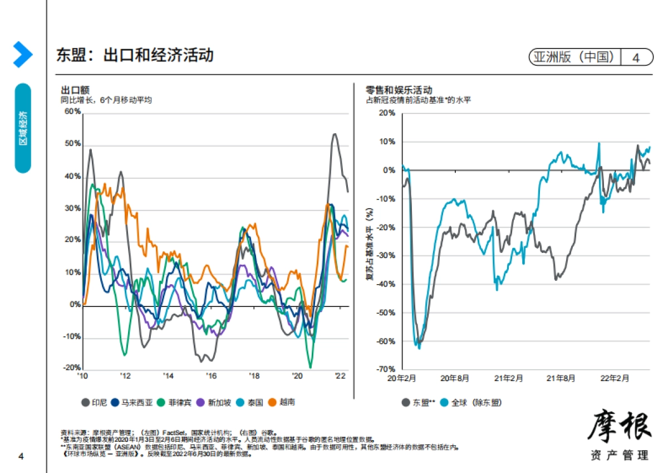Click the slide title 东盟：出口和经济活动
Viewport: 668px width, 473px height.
coord(135,55)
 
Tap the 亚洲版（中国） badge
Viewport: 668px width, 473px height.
coord(574,57)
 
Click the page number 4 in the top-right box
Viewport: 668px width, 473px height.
coord(636,57)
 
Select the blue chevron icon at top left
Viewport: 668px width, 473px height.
coord(22,55)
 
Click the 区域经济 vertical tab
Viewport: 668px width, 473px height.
coord(23,128)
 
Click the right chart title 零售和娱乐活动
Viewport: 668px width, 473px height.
coord(399,90)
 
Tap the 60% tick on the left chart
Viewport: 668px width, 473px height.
coord(72,111)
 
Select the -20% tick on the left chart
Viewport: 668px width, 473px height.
coord(72,368)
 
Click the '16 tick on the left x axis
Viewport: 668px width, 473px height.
coord(211,376)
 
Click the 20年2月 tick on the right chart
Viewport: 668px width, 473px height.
coord(402,378)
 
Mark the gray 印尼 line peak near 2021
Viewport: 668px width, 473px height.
coord(334,134)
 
